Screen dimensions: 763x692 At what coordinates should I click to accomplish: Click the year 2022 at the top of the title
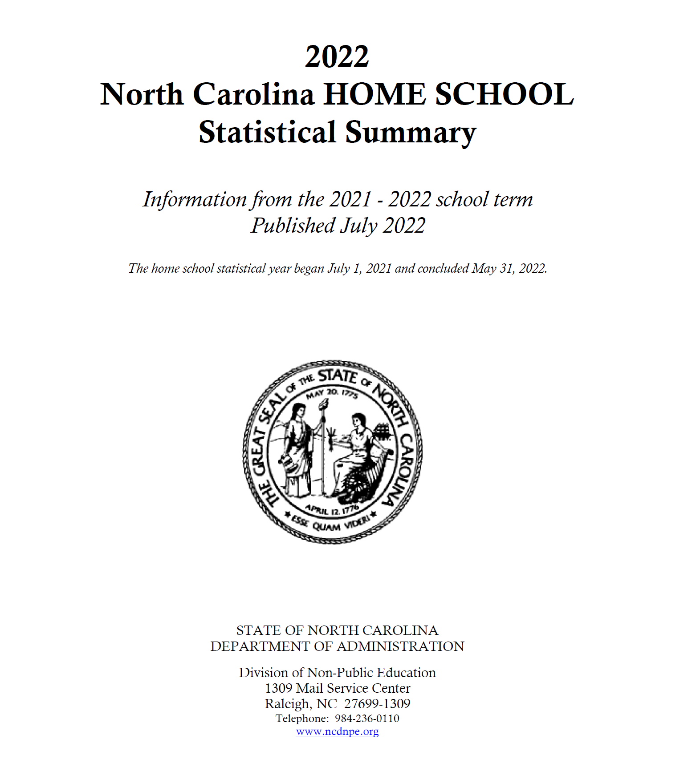337,57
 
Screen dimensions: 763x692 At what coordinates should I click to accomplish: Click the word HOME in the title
374,94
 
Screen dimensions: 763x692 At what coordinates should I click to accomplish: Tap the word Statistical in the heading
267,132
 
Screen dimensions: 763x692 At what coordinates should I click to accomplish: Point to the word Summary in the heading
410,133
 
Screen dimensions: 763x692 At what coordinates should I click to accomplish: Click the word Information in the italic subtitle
195,199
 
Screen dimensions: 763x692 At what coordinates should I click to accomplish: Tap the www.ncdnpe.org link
337,731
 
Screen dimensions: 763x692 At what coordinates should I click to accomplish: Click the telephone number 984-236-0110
367,718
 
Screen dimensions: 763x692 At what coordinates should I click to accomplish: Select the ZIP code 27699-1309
377,703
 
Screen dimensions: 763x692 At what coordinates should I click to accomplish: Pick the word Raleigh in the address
287,704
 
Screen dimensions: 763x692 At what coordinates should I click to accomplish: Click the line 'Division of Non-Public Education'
337,672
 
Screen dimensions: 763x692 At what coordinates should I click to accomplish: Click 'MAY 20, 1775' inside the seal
332,393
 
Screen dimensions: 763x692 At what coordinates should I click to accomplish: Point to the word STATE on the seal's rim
338,376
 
